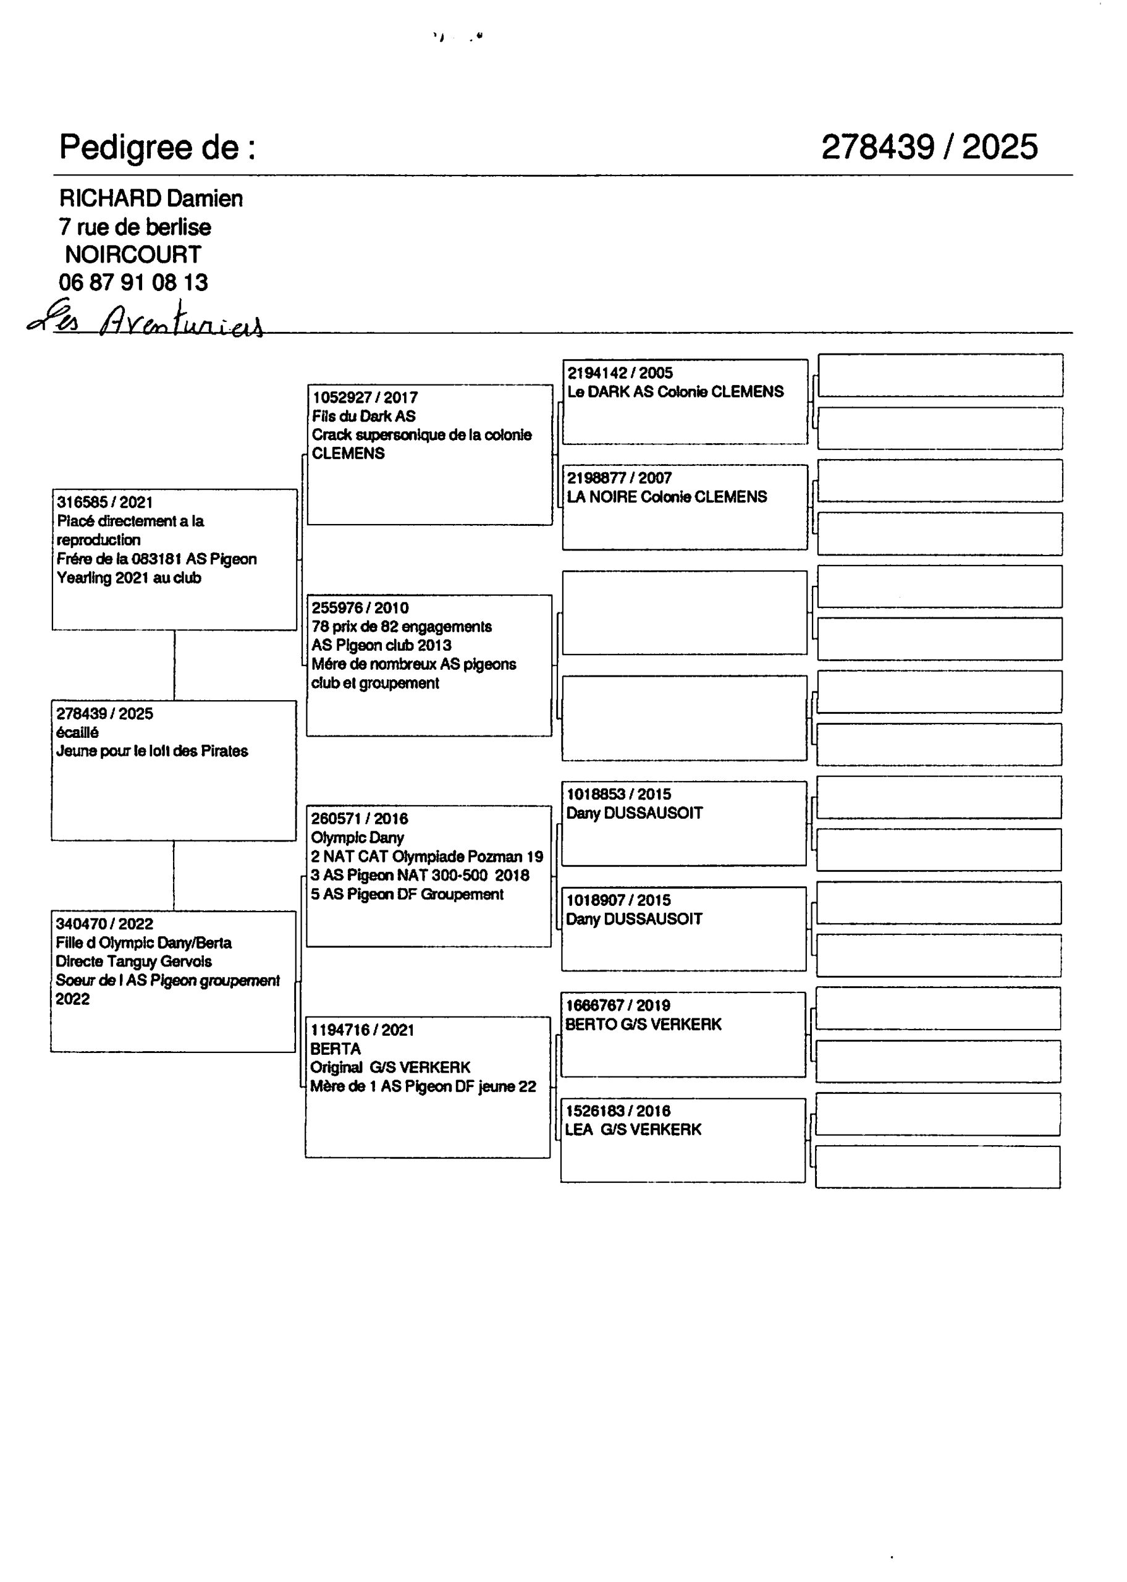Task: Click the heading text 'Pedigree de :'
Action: tap(157, 147)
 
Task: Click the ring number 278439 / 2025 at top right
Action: tap(929, 147)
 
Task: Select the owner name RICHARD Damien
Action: tap(151, 198)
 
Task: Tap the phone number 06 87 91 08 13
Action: tap(133, 282)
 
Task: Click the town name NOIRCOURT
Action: tap(133, 255)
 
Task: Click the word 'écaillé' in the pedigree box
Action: tap(77, 732)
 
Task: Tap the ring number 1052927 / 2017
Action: tap(365, 397)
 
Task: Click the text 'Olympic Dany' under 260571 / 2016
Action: tap(357, 837)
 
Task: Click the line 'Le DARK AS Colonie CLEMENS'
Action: tap(675, 392)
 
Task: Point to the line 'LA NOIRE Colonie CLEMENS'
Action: tap(666, 497)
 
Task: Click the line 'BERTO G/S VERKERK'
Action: tap(643, 1024)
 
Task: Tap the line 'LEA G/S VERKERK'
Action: tap(632, 1130)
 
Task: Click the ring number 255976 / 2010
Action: tap(360, 608)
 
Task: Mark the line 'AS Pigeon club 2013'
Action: tap(381, 645)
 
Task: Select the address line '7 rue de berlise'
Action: tap(135, 227)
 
